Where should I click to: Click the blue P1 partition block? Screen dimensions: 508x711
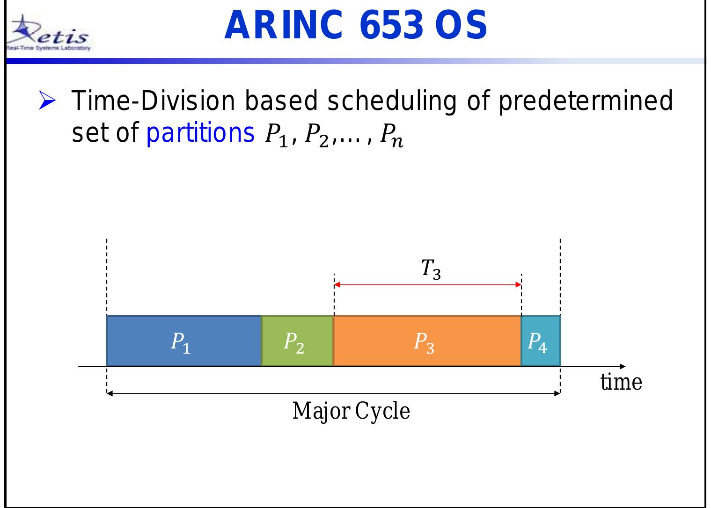click(x=183, y=341)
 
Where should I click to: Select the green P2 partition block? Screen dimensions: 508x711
click(x=297, y=341)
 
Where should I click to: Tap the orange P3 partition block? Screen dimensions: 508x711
click(x=427, y=341)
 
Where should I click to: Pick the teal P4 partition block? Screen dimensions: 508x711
click(x=540, y=341)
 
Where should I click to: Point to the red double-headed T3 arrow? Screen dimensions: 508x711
click(x=427, y=284)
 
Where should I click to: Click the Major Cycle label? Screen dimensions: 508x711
click(x=351, y=412)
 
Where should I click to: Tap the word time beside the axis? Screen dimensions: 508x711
click(x=621, y=382)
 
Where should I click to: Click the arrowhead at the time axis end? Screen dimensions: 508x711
click(x=622, y=366)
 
